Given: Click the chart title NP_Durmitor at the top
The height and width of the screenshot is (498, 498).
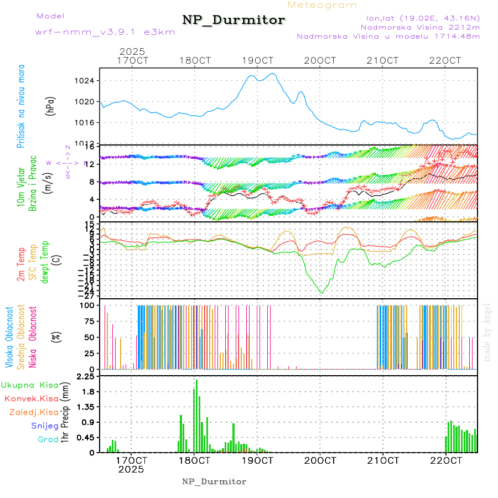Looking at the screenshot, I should tap(234, 20).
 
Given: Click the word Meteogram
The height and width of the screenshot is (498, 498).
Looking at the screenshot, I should tap(322, 5).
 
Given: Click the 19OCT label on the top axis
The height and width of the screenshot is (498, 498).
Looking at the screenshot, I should tap(258, 61).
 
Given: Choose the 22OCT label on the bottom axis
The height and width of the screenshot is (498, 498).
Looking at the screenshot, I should tap(446, 460).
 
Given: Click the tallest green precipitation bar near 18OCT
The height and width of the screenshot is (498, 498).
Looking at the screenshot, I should tap(196, 416).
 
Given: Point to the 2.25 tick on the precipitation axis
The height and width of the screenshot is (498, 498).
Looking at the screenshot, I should tap(86, 377).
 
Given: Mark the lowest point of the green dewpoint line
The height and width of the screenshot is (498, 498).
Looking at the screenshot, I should tap(321, 293).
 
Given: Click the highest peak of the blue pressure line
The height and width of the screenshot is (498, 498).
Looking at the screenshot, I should tap(273, 74).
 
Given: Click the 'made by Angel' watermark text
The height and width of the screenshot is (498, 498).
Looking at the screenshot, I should tap(487, 332).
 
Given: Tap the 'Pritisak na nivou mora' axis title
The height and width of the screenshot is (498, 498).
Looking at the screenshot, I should tap(22, 108).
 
